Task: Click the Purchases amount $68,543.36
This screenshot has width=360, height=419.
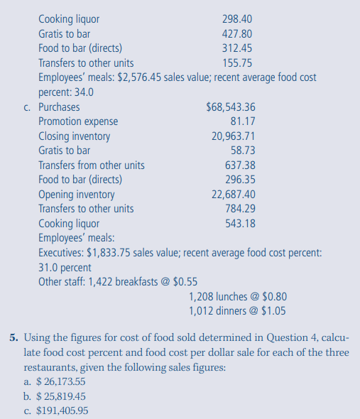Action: point(230,107)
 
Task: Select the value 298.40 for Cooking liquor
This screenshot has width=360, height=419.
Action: point(237,18)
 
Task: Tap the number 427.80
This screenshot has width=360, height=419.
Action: point(237,33)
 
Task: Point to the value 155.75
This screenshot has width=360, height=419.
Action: point(237,62)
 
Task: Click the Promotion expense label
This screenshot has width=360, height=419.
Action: point(78,121)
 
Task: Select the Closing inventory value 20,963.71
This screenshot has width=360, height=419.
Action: point(233,136)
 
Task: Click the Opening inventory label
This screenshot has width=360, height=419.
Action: point(77,195)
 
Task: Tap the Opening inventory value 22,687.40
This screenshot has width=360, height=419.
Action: point(233,195)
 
